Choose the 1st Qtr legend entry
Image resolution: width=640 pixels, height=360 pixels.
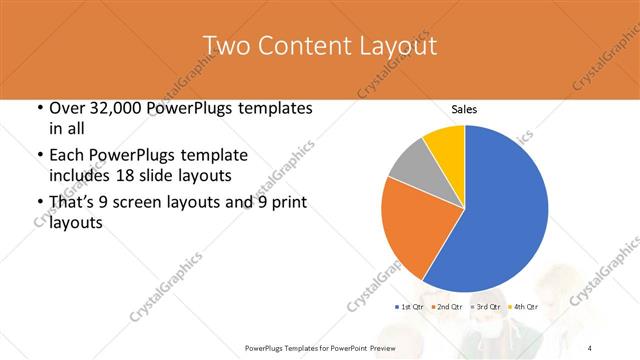[410, 306]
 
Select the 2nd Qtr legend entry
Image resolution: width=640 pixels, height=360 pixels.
[448, 306]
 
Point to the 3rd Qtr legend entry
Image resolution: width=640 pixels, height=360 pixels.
[486, 306]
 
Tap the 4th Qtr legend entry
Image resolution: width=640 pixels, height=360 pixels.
[524, 306]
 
